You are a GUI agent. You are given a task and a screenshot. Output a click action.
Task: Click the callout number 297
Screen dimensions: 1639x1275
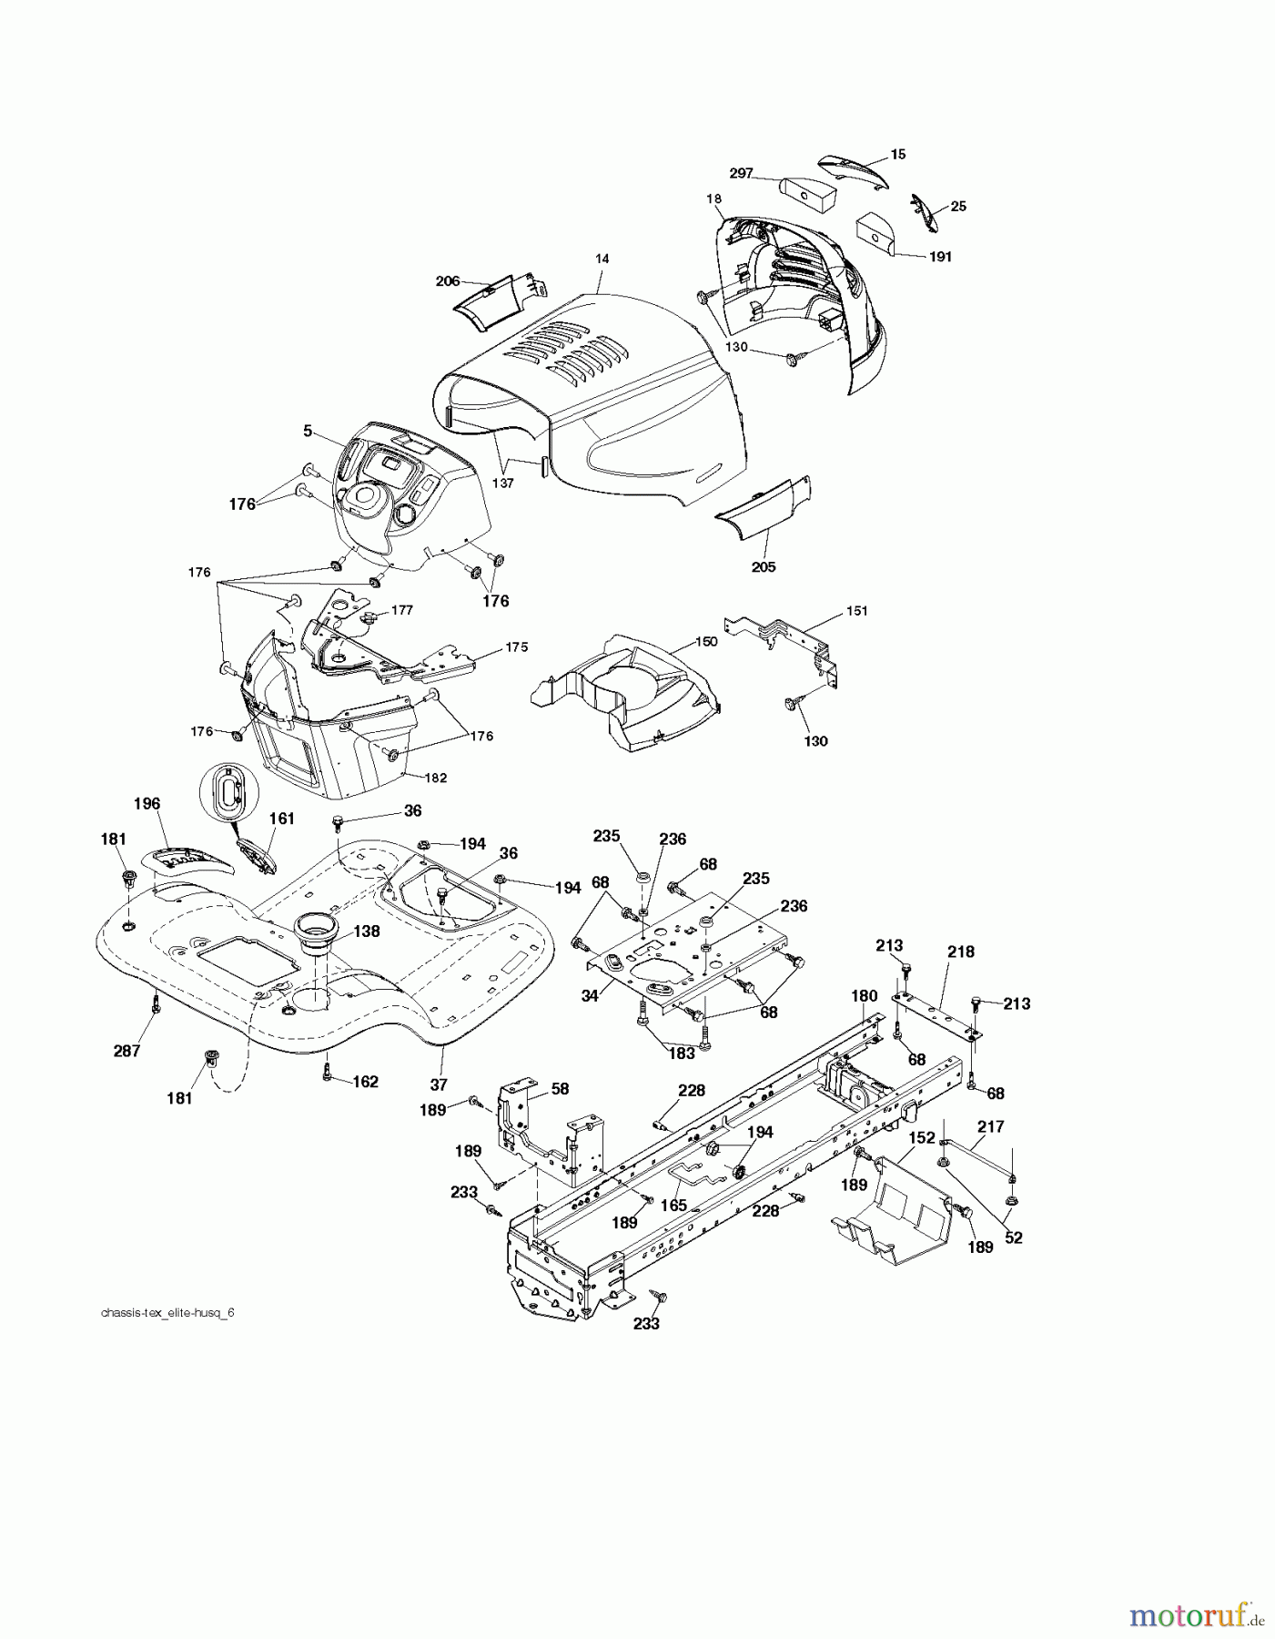click(x=741, y=173)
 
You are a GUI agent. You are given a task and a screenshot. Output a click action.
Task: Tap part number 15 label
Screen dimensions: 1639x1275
click(x=898, y=155)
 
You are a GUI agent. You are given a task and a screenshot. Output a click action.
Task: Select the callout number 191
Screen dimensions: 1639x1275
click(x=939, y=257)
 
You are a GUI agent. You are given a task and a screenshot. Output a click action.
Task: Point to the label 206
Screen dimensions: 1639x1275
click(x=448, y=281)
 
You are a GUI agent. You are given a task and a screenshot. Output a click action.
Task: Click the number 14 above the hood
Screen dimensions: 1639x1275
click(x=602, y=259)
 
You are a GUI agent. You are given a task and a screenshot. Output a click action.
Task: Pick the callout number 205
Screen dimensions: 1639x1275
click(x=764, y=566)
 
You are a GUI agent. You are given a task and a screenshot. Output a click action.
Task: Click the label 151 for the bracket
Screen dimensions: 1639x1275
click(x=856, y=610)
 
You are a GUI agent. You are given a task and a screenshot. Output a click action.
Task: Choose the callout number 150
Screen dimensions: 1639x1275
click(x=706, y=641)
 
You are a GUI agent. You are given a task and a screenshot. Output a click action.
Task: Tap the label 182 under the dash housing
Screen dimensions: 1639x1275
click(x=436, y=778)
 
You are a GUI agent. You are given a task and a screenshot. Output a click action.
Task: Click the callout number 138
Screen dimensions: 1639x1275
click(x=367, y=931)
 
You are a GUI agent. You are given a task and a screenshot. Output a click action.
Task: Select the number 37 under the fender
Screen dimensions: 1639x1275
click(x=439, y=1084)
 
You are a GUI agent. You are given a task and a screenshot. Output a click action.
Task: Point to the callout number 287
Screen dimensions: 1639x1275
click(x=126, y=1051)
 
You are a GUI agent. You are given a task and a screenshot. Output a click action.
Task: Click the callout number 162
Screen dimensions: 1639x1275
click(x=365, y=1082)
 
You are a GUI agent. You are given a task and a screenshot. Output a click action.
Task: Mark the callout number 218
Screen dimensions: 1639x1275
click(x=960, y=952)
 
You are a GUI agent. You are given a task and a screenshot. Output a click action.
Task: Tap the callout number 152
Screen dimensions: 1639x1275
click(x=922, y=1138)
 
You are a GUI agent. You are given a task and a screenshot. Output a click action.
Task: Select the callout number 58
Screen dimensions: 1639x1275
click(x=560, y=1088)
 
